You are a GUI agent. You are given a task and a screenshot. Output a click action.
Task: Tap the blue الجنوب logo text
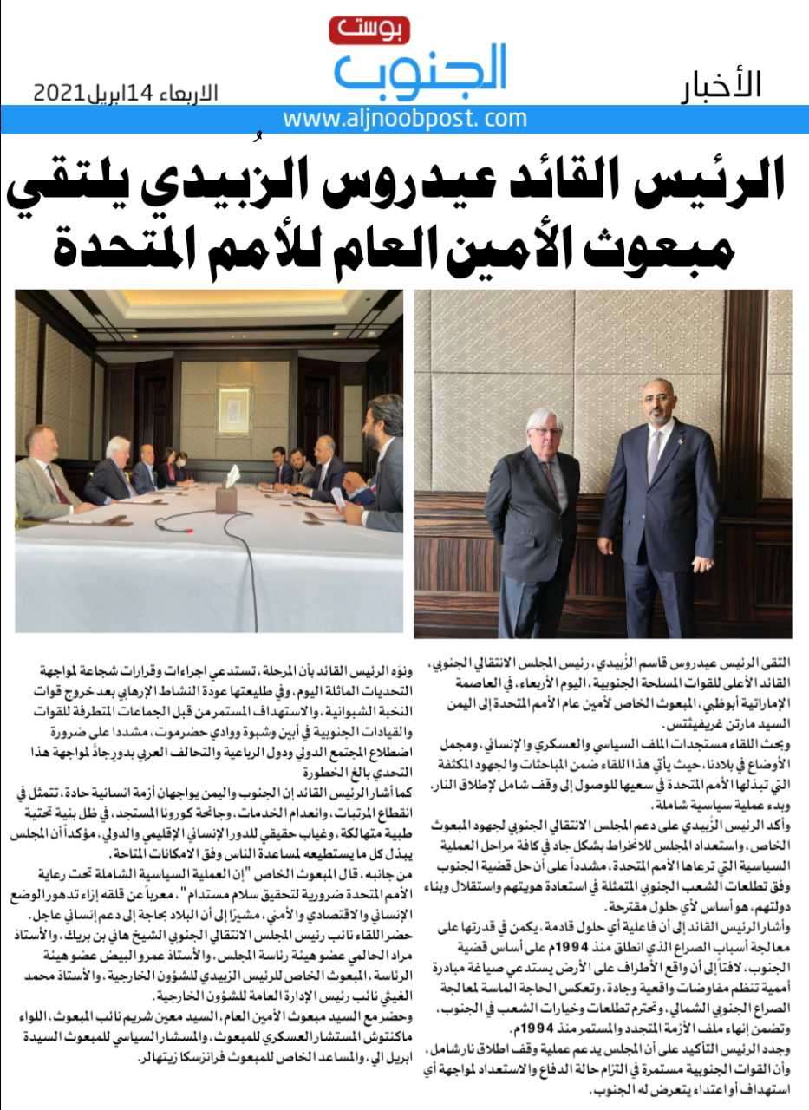(x=420, y=72)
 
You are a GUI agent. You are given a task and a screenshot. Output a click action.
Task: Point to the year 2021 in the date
(x=59, y=92)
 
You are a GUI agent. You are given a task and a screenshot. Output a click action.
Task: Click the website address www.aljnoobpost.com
(x=405, y=119)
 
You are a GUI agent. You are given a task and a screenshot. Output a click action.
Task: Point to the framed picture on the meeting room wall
(x=233, y=410)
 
